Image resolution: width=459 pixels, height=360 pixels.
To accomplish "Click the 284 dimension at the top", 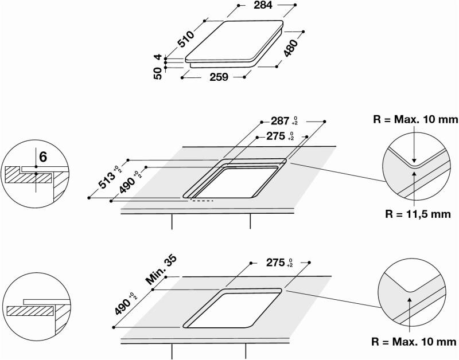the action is (263, 5).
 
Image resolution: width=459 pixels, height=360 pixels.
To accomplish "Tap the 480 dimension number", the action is (290, 48).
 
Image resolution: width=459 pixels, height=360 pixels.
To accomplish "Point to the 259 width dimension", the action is (219, 77).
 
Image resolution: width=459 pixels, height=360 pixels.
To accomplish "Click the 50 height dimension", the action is (157, 73).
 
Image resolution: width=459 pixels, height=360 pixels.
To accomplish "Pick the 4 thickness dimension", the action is (158, 57).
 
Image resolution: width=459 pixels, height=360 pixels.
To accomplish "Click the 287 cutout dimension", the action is (280, 121).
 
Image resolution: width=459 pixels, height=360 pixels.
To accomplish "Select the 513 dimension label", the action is (106, 180).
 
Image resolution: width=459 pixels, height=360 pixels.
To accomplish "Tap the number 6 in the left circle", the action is (42, 157).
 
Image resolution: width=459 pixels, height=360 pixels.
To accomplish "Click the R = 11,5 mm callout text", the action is (418, 214).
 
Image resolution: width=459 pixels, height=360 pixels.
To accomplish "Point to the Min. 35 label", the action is (161, 270).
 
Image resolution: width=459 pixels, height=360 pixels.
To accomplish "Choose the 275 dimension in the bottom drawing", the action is (275, 263).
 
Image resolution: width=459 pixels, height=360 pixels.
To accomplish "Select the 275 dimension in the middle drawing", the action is (275, 136).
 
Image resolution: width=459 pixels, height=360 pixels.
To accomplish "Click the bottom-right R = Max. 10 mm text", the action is (414, 342).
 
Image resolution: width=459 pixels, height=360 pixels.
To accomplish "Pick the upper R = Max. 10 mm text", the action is (415, 119).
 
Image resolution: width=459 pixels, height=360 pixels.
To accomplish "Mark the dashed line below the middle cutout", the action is (202, 201).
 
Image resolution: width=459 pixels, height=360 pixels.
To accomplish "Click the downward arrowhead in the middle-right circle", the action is (414, 160).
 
